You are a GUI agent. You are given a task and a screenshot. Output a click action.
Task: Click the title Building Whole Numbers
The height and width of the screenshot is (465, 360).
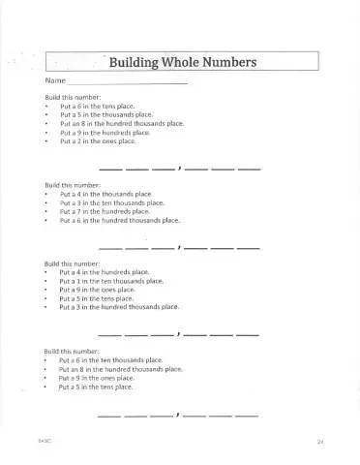pyautogui.click(x=182, y=63)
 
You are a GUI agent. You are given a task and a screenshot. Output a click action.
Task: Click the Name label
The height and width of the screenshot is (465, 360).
pyautogui.click(x=55, y=81)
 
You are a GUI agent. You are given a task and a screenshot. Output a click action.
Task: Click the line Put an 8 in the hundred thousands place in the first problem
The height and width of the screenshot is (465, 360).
pyautogui.click(x=122, y=124)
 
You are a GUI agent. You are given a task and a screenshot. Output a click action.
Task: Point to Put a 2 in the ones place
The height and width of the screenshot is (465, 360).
pyautogui.click(x=98, y=141)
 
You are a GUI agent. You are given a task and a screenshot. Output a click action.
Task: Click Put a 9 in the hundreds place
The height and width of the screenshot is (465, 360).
pyautogui.click(x=105, y=133)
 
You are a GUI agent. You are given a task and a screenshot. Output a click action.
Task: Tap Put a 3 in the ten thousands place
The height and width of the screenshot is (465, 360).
pyautogui.click(x=112, y=202)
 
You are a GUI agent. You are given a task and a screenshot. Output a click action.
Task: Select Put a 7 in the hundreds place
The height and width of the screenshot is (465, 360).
pyautogui.click(x=105, y=211)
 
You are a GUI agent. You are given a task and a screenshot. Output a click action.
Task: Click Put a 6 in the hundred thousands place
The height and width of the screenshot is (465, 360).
pyautogui.click(x=120, y=220)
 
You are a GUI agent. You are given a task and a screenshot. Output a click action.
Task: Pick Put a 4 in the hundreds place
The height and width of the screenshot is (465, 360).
pyautogui.click(x=105, y=273)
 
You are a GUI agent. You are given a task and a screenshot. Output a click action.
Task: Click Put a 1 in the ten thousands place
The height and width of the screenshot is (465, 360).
pyautogui.click(x=111, y=281)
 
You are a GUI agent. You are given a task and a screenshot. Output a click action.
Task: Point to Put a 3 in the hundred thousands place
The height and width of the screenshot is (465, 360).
pyautogui.click(x=119, y=307)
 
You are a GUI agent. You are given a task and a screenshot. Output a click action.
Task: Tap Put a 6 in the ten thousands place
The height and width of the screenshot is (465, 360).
pyautogui.click(x=110, y=360)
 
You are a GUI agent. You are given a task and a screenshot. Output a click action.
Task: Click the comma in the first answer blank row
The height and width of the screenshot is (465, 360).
pyautogui.click(x=180, y=170)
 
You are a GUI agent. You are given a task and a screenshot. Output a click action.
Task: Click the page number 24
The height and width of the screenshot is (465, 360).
pyautogui.click(x=319, y=442)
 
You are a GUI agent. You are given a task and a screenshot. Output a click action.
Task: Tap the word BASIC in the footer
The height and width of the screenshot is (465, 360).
pyautogui.click(x=45, y=441)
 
